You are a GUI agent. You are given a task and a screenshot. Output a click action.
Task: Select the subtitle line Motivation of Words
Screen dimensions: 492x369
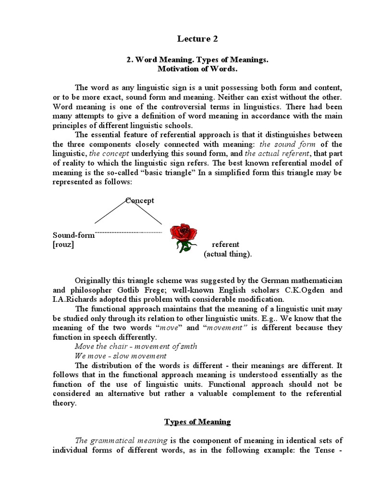(196, 69)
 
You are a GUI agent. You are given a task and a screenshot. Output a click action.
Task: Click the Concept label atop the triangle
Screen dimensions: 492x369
(140, 200)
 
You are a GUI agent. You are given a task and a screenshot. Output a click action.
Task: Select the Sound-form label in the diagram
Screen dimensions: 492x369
(74, 235)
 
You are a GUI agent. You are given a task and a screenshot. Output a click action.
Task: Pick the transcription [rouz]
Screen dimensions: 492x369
(63, 245)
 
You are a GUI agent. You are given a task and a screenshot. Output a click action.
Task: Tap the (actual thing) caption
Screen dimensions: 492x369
(228, 254)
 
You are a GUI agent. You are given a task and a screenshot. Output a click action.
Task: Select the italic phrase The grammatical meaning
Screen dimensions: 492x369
(121, 440)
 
